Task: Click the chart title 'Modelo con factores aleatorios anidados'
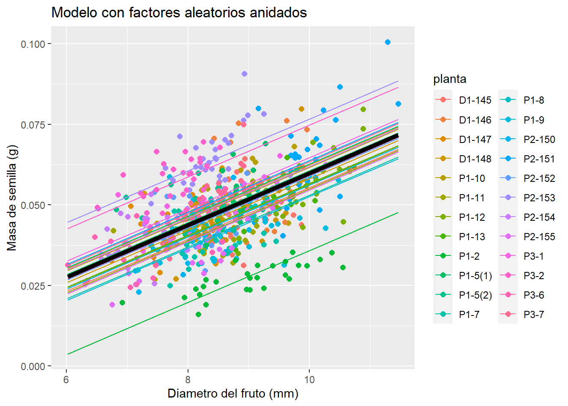pyautogui.click(x=179, y=13)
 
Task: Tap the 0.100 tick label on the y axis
pyautogui.click(x=33, y=44)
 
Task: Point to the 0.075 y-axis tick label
pyautogui.click(x=33, y=125)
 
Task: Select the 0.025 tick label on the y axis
pyautogui.click(x=33, y=286)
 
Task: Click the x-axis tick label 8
pyautogui.click(x=188, y=379)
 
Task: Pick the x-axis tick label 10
pyautogui.click(x=309, y=379)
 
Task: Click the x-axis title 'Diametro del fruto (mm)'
pyautogui.click(x=233, y=394)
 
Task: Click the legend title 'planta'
pyautogui.click(x=450, y=79)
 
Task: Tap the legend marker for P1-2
pyautogui.click(x=443, y=256)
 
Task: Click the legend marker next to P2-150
pyautogui.click(x=508, y=140)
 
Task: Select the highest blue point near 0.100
pyautogui.click(x=388, y=42)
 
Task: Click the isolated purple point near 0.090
pyautogui.click(x=244, y=74)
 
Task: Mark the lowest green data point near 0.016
pyautogui.click(x=198, y=315)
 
